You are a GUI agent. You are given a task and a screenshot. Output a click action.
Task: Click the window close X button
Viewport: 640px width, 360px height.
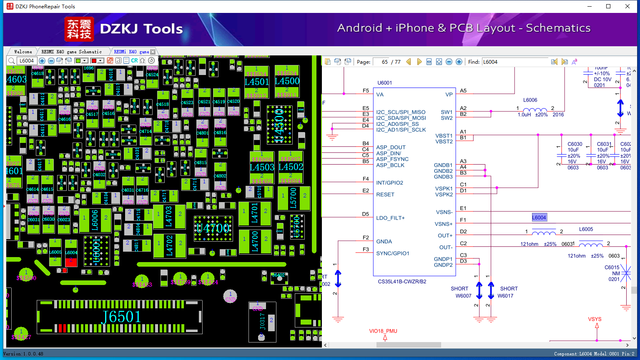(627, 6)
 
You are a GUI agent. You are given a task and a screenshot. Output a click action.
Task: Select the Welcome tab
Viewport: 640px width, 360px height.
(23, 52)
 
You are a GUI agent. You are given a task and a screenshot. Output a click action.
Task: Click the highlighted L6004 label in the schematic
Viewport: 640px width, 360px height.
(539, 217)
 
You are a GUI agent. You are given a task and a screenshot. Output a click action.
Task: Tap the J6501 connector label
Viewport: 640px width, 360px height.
(121, 317)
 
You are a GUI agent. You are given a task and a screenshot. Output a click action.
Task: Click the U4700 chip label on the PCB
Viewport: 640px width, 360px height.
(213, 228)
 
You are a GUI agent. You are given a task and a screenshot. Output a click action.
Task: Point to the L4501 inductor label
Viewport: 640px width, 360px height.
(256, 82)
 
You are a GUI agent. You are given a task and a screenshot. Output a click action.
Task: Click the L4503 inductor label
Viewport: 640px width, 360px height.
(262, 167)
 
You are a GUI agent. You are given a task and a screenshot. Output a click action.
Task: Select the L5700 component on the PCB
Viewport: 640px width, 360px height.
(294, 198)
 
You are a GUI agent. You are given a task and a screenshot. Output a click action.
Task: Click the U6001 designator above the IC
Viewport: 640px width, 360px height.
(384, 83)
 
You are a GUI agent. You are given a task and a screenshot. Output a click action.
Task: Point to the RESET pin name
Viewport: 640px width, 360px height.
(385, 195)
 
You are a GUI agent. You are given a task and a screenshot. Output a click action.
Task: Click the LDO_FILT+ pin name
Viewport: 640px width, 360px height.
(390, 218)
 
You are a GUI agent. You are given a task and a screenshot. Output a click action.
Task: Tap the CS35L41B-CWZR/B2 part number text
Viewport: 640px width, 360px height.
(402, 282)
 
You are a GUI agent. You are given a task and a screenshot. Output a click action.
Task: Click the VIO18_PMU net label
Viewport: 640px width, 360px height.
(383, 331)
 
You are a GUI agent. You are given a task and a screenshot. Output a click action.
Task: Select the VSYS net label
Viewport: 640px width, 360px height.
(595, 319)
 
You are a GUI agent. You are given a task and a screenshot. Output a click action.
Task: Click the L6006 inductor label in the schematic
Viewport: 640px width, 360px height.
(530, 100)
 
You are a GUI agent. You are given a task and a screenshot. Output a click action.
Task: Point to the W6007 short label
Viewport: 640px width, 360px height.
(463, 296)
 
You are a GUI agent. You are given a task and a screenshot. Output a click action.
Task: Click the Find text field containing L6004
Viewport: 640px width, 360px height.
(515, 62)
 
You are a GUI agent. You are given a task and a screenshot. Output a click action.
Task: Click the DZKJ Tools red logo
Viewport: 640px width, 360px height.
(79, 29)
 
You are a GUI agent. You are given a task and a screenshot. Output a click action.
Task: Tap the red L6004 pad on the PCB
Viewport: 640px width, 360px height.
(71, 262)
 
